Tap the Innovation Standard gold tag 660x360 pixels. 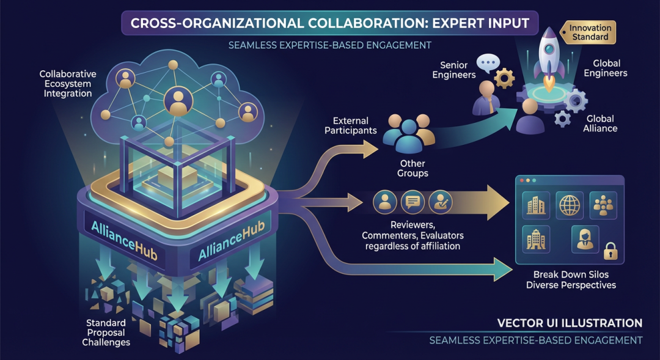pyautogui.click(x=588, y=32)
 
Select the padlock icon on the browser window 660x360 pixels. pyautogui.click(x=610, y=251)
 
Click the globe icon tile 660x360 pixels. pyautogui.click(x=570, y=205)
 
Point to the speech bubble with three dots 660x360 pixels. pyautogui.click(x=488, y=63)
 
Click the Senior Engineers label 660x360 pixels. pyautogui.click(x=453, y=70)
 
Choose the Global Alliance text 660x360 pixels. pyautogui.click(x=600, y=123)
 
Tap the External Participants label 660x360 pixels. pyautogui.click(x=351, y=125)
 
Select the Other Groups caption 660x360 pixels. pyautogui.click(x=413, y=168)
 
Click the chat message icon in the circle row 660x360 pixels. pyautogui.click(x=413, y=202)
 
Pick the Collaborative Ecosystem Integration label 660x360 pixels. pyautogui.click(x=68, y=83)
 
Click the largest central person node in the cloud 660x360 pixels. pyautogui.click(x=178, y=101)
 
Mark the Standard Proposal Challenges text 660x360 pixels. pyautogui.click(x=106, y=332)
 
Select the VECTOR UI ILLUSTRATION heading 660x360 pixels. pyautogui.click(x=570, y=323)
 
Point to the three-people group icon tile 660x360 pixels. pyautogui.click(x=603, y=205)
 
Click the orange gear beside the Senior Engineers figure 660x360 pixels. pyautogui.click(x=504, y=78)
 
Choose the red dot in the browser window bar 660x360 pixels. pyautogui.click(x=522, y=180)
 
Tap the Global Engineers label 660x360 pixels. pyautogui.click(x=605, y=68)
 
